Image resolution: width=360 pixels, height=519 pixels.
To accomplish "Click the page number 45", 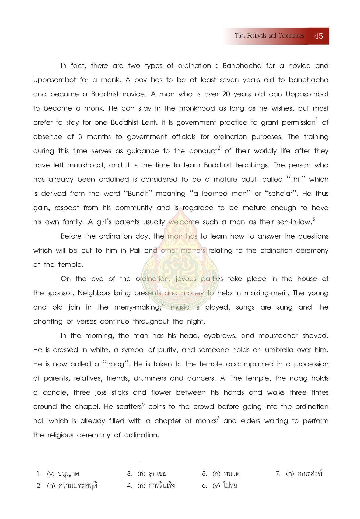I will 319,36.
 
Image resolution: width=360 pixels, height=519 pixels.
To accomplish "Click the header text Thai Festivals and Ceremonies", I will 270,36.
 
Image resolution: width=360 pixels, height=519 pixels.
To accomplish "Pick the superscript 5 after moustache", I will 297,333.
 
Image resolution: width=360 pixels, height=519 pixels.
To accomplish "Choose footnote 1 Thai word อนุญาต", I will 68,474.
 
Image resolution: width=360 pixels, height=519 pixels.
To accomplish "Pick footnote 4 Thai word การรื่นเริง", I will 162,486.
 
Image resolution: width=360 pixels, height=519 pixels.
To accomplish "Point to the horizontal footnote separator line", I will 85,463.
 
